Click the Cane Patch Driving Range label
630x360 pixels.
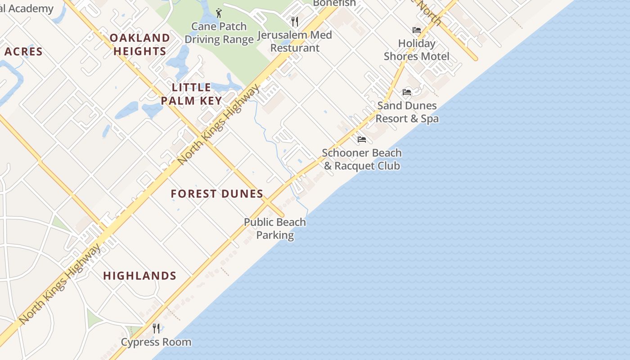[x=219, y=33]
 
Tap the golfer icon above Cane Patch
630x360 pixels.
[x=219, y=13]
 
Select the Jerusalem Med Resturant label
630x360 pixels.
[x=295, y=41]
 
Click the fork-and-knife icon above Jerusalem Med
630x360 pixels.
[x=295, y=21]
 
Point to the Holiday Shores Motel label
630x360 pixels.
[x=416, y=50]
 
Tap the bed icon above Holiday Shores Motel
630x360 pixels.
[x=417, y=30]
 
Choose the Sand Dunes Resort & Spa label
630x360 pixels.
[x=407, y=112]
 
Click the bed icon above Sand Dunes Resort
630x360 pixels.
[x=407, y=92]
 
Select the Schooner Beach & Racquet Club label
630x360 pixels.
[x=362, y=159]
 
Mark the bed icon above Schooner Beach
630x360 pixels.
[x=361, y=139]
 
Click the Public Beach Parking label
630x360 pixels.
[x=275, y=229]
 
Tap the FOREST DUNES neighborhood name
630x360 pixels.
[x=217, y=194]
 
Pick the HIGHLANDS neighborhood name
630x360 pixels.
[x=139, y=276]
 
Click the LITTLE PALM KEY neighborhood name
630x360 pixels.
[x=192, y=94]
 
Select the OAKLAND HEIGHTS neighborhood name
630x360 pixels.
[x=140, y=45]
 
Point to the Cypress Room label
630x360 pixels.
[x=156, y=342]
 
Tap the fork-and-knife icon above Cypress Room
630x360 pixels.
[x=156, y=328]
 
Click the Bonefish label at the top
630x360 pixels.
[x=334, y=3]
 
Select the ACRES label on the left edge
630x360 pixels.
[x=23, y=52]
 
